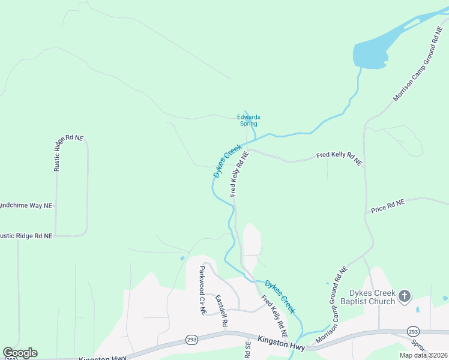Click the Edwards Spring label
(x=248, y=121)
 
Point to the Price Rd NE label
(x=388, y=206)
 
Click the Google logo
(x=20, y=353)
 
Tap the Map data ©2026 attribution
(x=423, y=355)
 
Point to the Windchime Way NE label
(x=26, y=205)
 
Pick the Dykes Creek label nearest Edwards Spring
(x=228, y=160)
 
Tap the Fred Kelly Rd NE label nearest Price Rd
(x=340, y=158)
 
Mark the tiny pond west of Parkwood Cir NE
(x=182, y=259)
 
